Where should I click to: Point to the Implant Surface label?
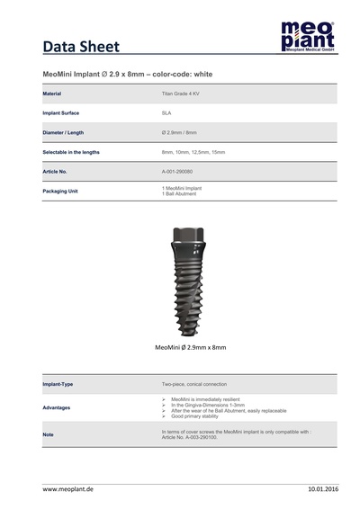pos(62,113)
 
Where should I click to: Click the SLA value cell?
pos(166,113)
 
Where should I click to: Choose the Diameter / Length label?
pos(65,133)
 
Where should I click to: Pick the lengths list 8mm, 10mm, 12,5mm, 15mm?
pos(193,152)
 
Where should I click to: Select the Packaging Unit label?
pos(60,191)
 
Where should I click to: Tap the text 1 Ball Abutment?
pos(179,193)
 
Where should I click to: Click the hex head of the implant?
pos(190,236)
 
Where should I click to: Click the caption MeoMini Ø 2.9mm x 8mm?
pos(191,346)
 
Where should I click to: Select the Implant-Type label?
pos(58,384)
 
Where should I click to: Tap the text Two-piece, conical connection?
pos(199,384)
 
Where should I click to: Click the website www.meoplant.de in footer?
pos(67,488)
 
